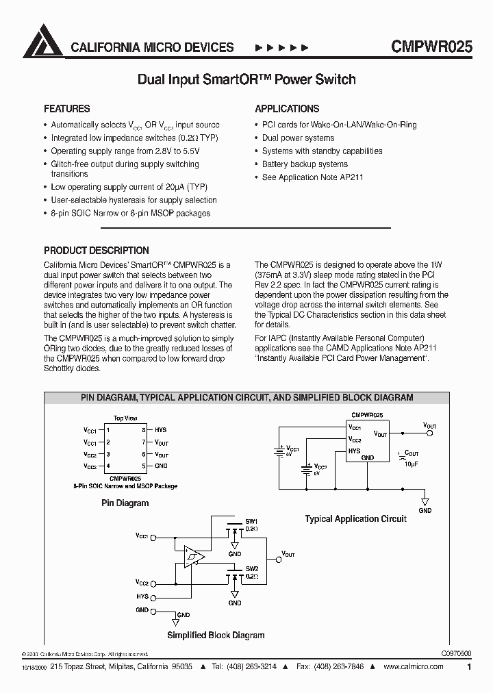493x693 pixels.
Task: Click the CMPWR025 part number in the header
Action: [x=431, y=47]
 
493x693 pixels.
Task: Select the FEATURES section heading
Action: [x=66, y=109]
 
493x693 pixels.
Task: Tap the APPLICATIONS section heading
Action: [x=287, y=109]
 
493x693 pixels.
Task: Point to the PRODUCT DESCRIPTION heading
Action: [x=96, y=251]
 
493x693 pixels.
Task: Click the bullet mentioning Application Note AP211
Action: [x=312, y=177]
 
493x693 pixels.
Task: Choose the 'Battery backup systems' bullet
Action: [x=305, y=164]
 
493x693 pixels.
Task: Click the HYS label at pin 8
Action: [x=161, y=430]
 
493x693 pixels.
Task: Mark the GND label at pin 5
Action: [x=161, y=466]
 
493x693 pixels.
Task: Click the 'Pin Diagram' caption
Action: [x=125, y=503]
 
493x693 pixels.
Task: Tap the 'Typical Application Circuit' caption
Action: [x=355, y=519]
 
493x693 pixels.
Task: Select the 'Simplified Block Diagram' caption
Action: [x=216, y=635]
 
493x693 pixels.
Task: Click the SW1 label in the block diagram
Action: [x=251, y=521]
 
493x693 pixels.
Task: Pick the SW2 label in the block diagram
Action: [x=251, y=569]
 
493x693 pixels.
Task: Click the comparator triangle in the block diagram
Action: [x=194, y=556]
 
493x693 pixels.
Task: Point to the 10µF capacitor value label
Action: [x=410, y=464]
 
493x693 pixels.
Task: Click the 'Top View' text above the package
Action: [x=125, y=418]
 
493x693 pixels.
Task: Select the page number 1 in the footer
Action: [x=469, y=666]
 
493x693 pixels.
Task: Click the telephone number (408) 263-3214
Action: [x=255, y=666]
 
